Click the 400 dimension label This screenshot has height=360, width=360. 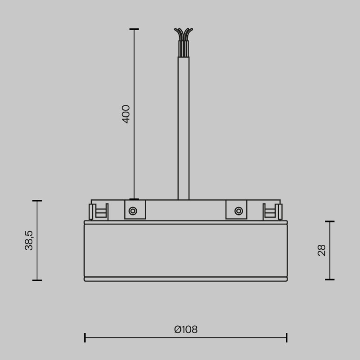126,114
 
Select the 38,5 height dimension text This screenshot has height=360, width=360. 29,240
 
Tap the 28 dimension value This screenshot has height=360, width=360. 322,250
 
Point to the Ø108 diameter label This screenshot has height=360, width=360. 185,329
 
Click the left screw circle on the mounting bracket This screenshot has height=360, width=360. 133,211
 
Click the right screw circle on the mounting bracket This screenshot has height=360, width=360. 238,211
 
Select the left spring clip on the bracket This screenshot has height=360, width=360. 98,211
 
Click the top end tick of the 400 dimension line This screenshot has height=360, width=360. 134,29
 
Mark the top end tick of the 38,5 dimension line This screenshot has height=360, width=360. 37,201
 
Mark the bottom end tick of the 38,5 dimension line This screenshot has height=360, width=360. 37,280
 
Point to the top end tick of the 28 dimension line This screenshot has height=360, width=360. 330,221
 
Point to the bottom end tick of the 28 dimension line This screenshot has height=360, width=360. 330,279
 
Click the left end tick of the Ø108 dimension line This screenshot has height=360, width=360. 85,337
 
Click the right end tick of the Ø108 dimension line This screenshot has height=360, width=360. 287,337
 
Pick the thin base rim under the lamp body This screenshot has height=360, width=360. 185,279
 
